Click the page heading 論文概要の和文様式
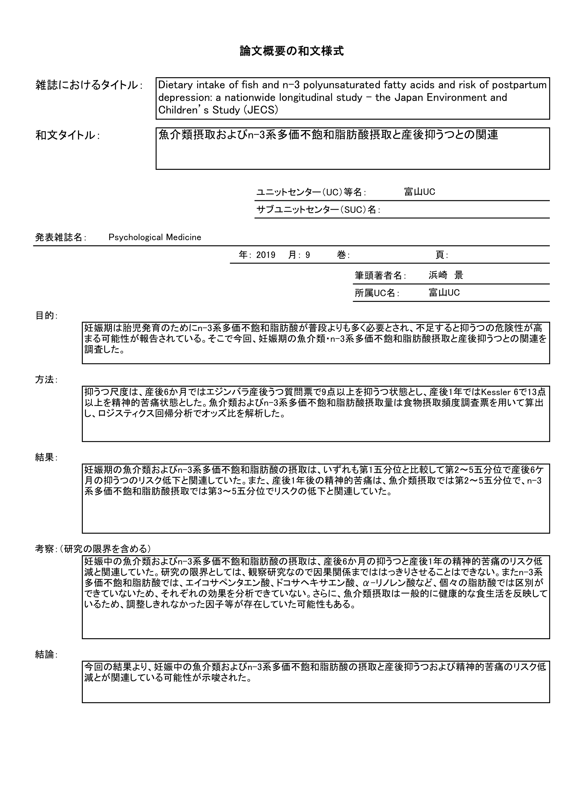tap(291, 51)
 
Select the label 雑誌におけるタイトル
tap(87, 85)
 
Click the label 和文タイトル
tap(65, 135)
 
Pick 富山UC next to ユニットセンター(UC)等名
tap(419, 192)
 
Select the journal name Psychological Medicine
tap(155, 237)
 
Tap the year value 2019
tap(266, 255)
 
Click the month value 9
tap(308, 255)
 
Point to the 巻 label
tap(341, 255)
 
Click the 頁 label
tap(440, 255)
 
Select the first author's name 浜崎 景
tap(446, 275)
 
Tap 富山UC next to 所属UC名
tap(444, 293)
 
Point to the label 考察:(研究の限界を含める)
tap(93, 549)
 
